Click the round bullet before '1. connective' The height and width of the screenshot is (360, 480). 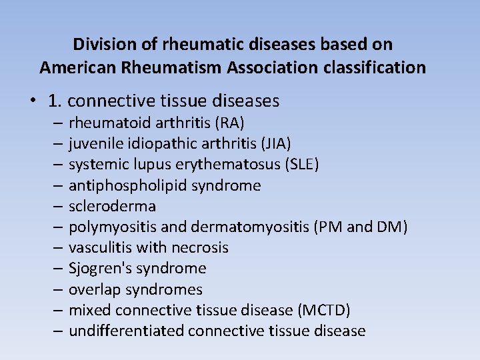32,101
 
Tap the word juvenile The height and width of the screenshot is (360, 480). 94,143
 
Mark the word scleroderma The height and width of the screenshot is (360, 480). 112,206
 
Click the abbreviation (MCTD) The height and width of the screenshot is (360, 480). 325,310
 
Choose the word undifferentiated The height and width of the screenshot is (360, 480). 126,331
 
